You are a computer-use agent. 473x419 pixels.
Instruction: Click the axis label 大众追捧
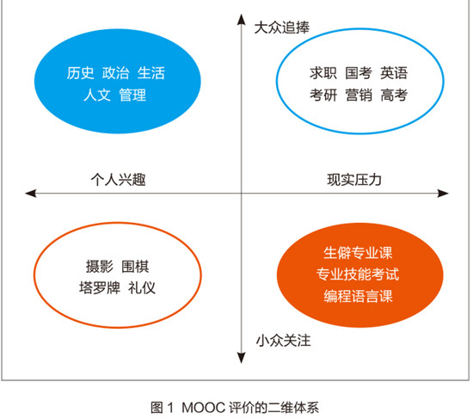click(282, 28)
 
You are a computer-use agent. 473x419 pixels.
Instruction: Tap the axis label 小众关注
click(283, 341)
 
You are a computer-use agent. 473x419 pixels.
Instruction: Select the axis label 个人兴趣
click(119, 180)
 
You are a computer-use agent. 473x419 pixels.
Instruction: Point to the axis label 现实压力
click(354, 180)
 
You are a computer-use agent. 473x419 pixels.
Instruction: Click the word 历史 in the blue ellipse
click(80, 73)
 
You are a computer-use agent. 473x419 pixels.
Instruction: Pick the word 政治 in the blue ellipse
click(115, 73)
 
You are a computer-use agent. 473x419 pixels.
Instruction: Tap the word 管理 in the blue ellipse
click(132, 96)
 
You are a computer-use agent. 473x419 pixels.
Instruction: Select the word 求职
click(323, 73)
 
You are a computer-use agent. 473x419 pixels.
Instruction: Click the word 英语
click(394, 73)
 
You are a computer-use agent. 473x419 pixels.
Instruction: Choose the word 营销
click(359, 96)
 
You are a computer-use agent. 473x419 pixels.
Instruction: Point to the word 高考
click(394, 96)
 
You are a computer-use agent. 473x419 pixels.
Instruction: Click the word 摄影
click(100, 267)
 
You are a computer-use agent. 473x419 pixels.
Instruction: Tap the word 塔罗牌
click(100, 287)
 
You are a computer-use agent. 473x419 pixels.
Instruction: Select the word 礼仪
click(142, 287)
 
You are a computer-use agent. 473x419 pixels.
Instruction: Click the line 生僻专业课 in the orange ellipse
click(358, 253)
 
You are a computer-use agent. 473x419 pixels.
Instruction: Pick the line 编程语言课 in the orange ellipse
click(358, 296)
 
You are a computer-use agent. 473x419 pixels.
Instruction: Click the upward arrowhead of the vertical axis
click(241, 19)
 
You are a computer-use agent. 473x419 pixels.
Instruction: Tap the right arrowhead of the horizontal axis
click(443, 194)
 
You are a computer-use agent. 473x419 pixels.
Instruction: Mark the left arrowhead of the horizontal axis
click(31, 194)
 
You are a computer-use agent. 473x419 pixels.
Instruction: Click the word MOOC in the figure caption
click(204, 408)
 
